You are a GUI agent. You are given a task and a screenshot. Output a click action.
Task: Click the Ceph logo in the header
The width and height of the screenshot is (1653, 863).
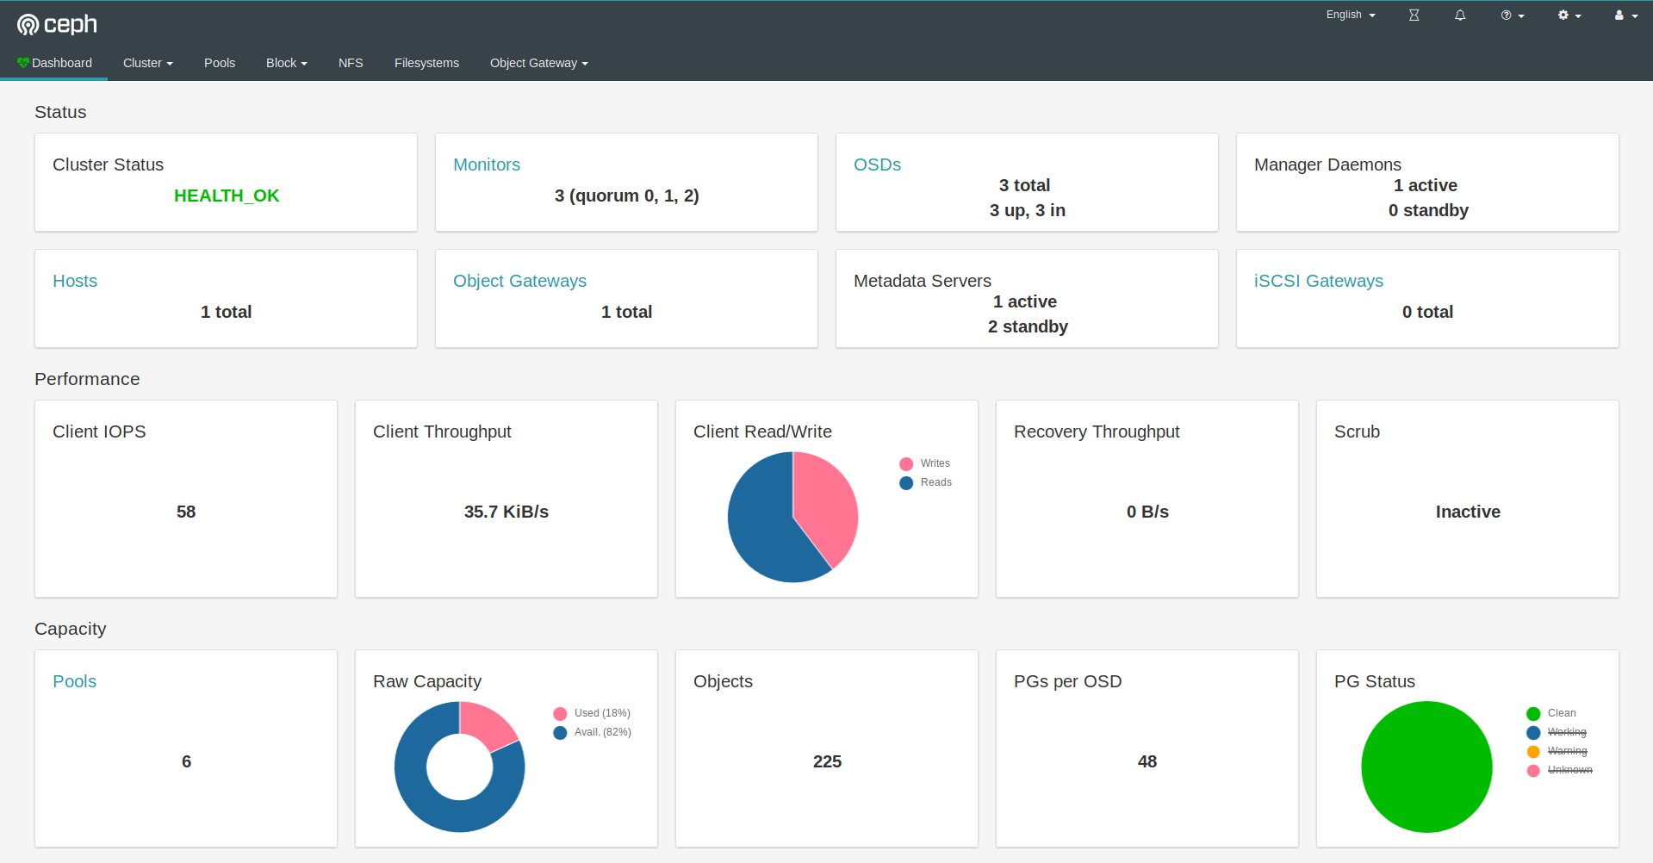tap(57, 24)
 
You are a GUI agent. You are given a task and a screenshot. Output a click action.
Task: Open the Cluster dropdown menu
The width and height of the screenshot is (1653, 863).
tap(147, 63)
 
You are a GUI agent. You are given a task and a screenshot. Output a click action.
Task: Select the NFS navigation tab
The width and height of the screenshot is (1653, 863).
tap(351, 63)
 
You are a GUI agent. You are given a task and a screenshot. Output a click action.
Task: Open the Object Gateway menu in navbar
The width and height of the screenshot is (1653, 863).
tap(538, 63)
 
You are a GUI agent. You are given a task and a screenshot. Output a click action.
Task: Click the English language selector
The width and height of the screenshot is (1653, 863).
tap(1350, 15)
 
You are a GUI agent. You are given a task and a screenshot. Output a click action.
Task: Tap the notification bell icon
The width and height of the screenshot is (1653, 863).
tap(1460, 16)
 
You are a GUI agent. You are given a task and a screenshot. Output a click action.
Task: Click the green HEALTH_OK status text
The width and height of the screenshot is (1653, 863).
tap(227, 196)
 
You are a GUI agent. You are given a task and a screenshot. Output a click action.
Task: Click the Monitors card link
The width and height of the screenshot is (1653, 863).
tap(487, 165)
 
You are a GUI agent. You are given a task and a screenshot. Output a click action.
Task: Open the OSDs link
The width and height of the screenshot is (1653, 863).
tap(877, 165)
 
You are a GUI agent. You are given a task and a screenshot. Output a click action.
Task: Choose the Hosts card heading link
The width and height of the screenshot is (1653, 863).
tap(75, 281)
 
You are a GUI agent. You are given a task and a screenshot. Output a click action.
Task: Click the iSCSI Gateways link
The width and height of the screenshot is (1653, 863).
tap(1318, 281)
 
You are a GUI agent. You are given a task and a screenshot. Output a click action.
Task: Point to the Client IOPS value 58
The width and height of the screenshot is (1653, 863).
tap(186, 512)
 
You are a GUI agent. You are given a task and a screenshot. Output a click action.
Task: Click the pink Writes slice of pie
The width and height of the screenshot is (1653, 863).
tap(827, 504)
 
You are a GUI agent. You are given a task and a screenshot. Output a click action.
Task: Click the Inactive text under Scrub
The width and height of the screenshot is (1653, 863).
tap(1468, 512)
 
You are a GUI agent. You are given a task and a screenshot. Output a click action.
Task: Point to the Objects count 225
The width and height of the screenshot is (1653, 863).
tap(827, 761)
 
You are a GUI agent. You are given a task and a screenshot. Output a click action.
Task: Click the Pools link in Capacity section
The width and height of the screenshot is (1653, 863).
tap(74, 681)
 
